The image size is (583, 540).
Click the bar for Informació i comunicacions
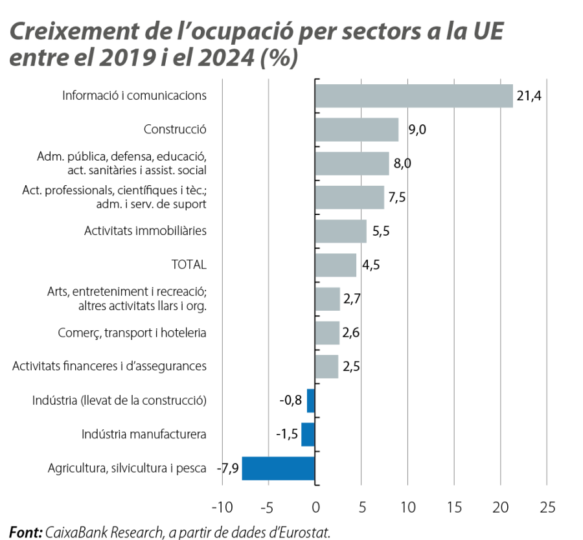(x=413, y=96)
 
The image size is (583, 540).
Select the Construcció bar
(x=357, y=129)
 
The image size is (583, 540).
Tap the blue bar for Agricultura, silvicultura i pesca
(x=279, y=467)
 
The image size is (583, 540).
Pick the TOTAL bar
(x=336, y=265)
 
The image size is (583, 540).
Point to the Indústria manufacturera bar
(x=308, y=434)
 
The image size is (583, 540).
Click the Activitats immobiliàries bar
(x=341, y=231)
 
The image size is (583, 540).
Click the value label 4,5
(x=371, y=265)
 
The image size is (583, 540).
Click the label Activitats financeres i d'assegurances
(x=109, y=366)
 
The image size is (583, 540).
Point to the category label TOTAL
(x=189, y=265)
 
